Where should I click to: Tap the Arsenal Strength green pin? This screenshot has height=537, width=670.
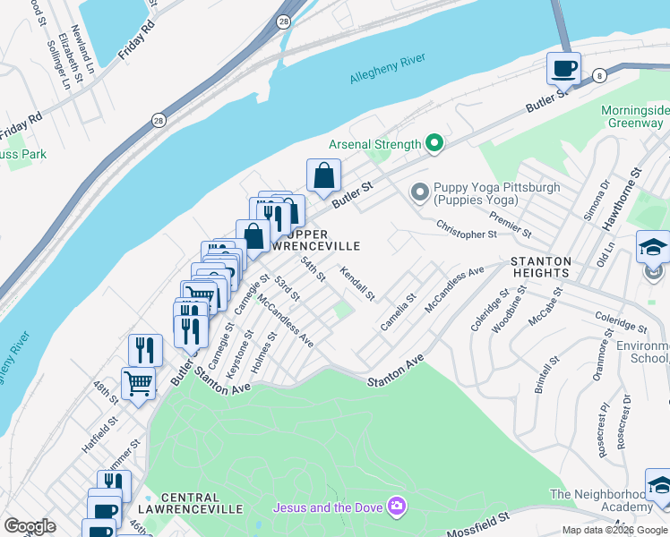tap(434, 143)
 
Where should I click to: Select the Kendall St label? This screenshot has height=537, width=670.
tap(356, 283)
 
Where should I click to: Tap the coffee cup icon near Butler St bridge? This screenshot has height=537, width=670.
tap(564, 68)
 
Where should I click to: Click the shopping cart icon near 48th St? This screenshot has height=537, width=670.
tap(139, 384)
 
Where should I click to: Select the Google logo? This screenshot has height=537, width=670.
tap(30, 526)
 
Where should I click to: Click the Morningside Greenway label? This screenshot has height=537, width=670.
tap(634, 116)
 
